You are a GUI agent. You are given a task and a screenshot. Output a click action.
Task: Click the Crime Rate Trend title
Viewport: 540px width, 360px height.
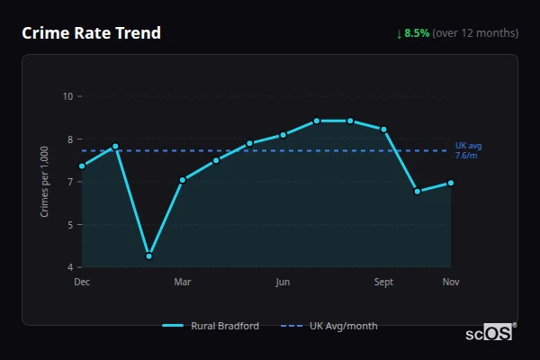[x=91, y=33]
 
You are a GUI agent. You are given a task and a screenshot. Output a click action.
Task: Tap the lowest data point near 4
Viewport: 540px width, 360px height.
[x=148, y=256]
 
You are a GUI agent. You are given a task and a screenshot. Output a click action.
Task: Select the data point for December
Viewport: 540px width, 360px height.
[x=82, y=166]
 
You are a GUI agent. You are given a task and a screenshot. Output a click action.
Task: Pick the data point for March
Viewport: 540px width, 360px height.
[x=183, y=179]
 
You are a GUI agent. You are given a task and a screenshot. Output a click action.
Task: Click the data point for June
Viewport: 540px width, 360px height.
[x=283, y=135]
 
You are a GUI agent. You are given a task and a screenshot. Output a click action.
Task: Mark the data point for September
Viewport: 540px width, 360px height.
[x=383, y=130]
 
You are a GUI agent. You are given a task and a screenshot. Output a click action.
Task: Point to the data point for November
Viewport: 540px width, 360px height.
[x=450, y=183]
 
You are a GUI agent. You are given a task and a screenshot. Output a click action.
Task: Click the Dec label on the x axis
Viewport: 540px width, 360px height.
[x=82, y=283]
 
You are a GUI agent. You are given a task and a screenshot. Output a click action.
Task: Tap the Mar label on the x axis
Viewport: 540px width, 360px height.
[x=183, y=283]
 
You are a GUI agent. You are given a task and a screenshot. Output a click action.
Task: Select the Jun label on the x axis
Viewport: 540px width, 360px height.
[x=283, y=283]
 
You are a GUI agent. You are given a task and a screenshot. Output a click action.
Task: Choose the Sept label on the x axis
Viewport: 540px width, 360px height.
[x=383, y=283]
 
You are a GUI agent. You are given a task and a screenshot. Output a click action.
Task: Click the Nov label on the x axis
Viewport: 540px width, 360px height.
[x=451, y=283]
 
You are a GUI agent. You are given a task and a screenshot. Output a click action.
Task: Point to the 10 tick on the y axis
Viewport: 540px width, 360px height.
[x=67, y=96]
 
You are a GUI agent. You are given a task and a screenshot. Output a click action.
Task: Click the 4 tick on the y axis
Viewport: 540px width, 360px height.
[x=69, y=267]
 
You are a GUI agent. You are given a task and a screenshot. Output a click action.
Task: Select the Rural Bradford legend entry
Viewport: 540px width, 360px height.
[x=212, y=326]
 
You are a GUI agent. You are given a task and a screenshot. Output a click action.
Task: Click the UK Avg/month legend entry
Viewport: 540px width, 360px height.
[x=329, y=326]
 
